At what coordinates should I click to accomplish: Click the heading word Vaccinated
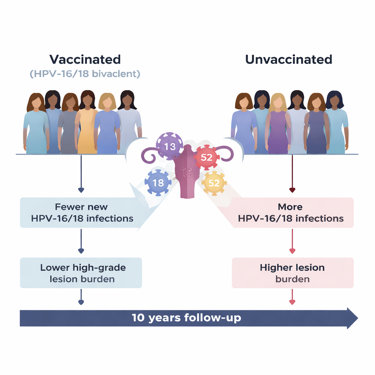click(85, 59)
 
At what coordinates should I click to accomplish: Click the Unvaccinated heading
click(289, 59)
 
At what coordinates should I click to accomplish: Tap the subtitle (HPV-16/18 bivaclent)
click(85, 74)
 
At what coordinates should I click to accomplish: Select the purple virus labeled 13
click(170, 146)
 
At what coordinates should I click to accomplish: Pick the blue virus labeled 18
click(158, 182)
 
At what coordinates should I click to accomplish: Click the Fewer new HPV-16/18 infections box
click(81, 213)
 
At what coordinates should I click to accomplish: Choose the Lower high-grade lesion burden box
click(81, 273)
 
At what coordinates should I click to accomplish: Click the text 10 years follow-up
click(186, 318)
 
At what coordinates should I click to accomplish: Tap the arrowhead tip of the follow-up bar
click(357, 318)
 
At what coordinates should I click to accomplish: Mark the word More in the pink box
click(290, 207)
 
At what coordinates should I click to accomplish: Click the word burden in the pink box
click(293, 279)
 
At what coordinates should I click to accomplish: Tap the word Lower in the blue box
click(54, 267)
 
